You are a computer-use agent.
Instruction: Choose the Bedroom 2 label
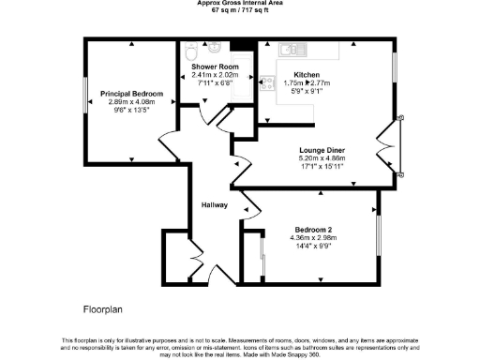314,230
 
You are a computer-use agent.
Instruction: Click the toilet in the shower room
192,50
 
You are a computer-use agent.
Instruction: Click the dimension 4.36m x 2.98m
314,239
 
